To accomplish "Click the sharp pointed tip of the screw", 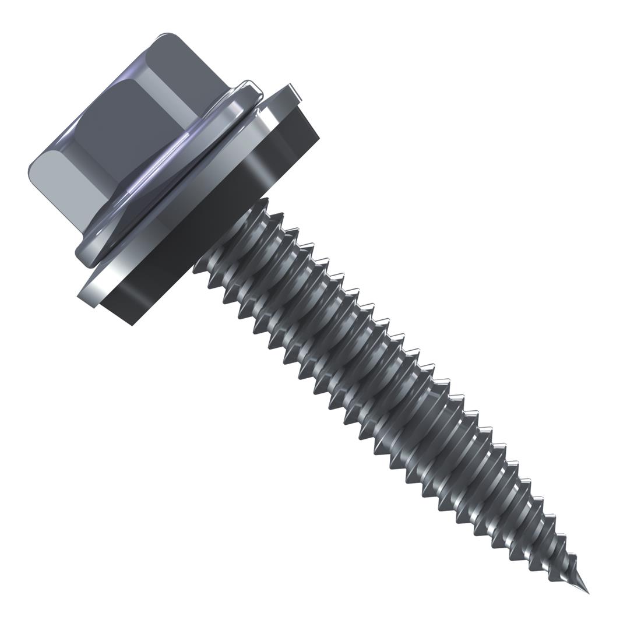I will [x=587, y=592].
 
